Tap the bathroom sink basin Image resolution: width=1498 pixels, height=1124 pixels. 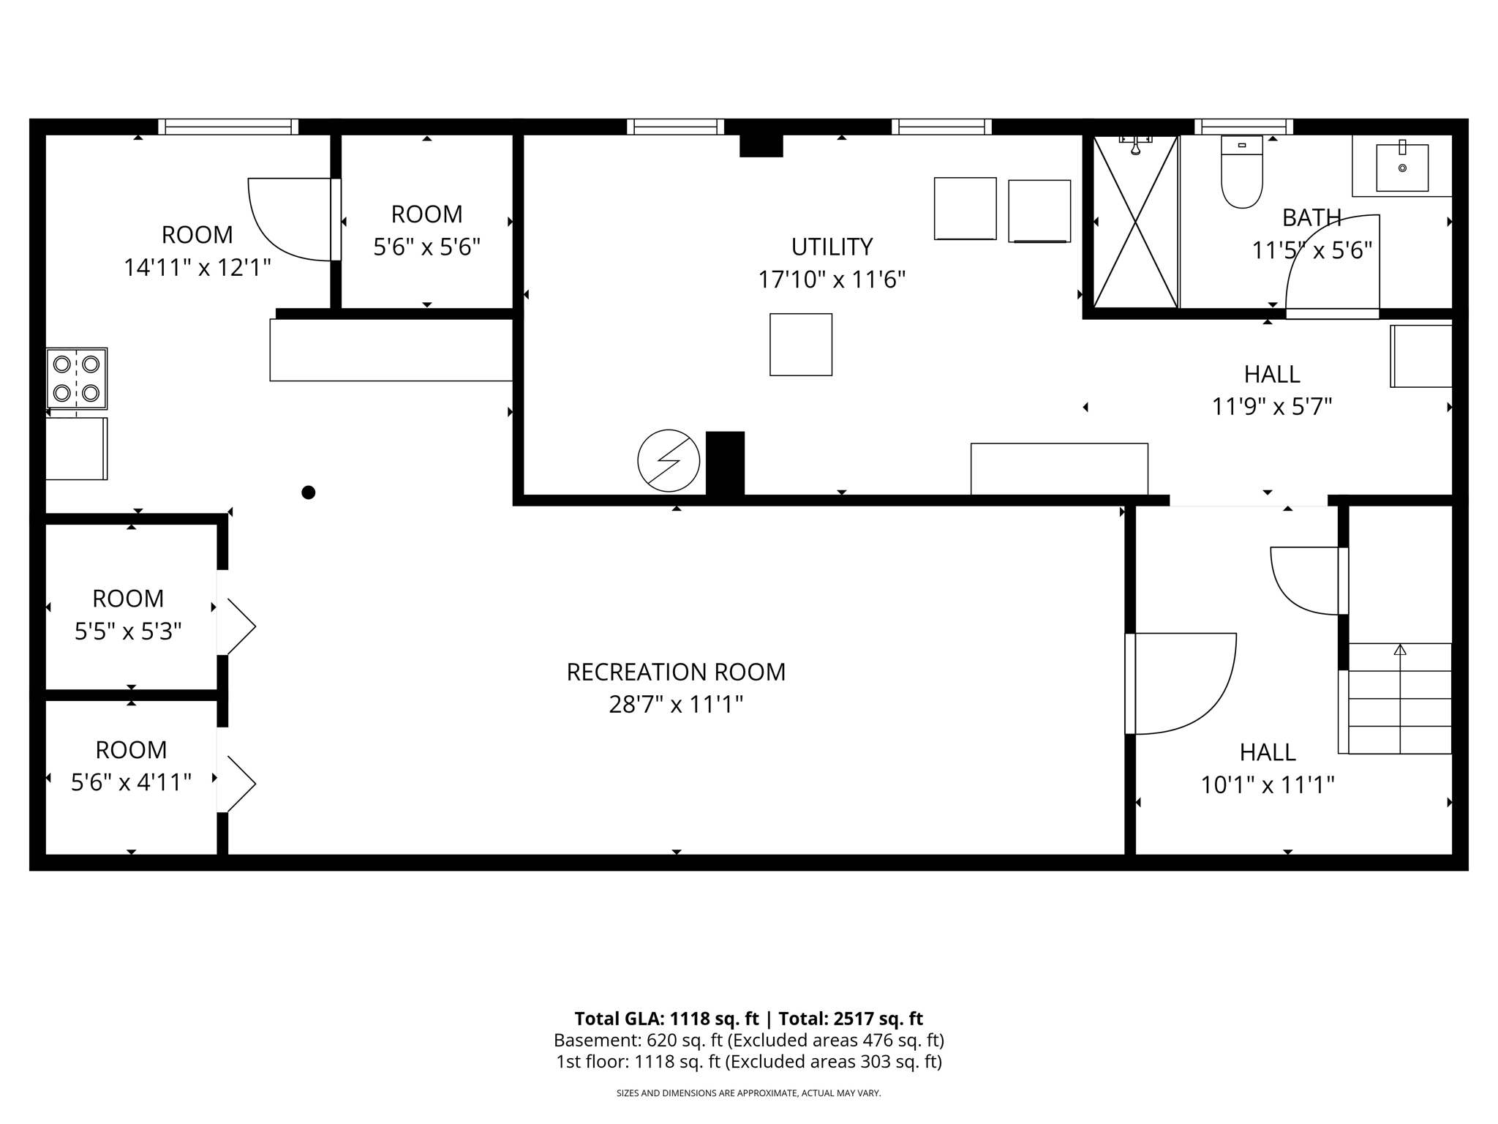click(1401, 168)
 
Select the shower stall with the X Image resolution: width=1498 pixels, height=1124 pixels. click(1135, 222)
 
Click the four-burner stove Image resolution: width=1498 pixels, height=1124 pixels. click(77, 378)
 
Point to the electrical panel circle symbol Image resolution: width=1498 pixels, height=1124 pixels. click(669, 460)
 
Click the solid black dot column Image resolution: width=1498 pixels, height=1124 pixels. click(309, 492)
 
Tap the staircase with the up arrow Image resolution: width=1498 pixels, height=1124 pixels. click(1399, 698)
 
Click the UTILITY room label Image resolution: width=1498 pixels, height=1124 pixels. click(832, 247)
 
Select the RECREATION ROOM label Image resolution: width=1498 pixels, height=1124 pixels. click(676, 672)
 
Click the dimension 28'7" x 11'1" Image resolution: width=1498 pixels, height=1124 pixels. click(676, 705)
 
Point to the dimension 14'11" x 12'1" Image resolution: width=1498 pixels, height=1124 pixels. click(197, 268)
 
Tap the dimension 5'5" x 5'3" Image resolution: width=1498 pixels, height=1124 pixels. click(128, 631)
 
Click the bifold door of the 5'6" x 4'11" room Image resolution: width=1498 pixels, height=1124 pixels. click(238, 784)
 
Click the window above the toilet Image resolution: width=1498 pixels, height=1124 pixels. click(1243, 127)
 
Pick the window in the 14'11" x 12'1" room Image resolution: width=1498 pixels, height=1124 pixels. click(228, 127)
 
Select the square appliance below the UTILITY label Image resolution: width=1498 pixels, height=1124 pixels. click(800, 345)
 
